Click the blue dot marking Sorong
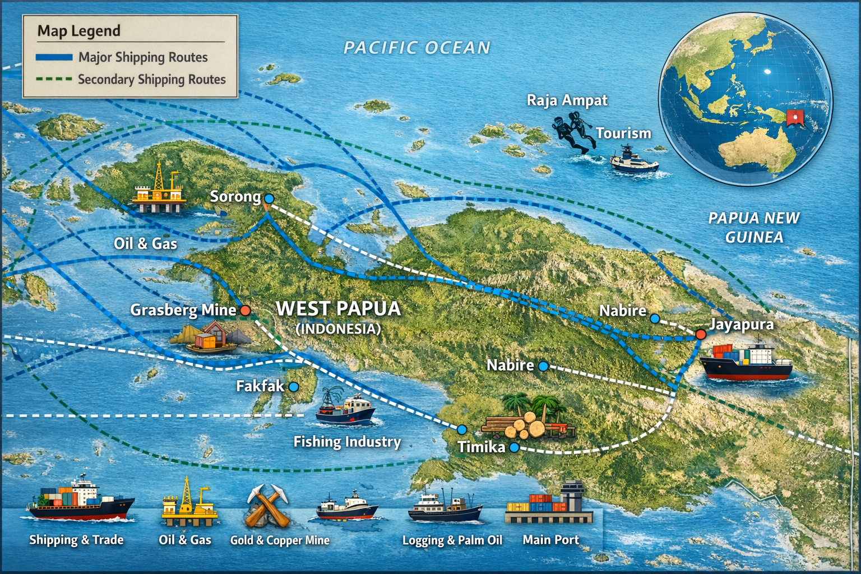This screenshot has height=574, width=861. (x=269, y=198)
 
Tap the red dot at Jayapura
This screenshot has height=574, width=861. (x=701, y=334)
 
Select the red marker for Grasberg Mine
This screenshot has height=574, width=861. (x=245, y=310)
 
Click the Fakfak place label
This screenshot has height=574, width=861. (x=260, y=386)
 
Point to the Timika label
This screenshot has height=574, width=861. (x=481, y=447)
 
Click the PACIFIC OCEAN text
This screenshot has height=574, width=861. (x=417, y=48)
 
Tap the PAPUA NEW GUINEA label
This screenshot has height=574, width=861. (x=753, y=228)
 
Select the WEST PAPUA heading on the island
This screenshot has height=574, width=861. (x=339, y=309)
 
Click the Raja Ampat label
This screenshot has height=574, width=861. (x=567, y=100)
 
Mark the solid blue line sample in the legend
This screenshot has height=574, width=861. (x=54, y=57)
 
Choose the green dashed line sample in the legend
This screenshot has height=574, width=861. (x=54, y=80)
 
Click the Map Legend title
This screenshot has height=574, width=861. (x=79, y=31)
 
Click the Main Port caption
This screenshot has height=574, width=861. (x=550, y=540)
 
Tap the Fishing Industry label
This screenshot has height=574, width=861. (x=347, y=442)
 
